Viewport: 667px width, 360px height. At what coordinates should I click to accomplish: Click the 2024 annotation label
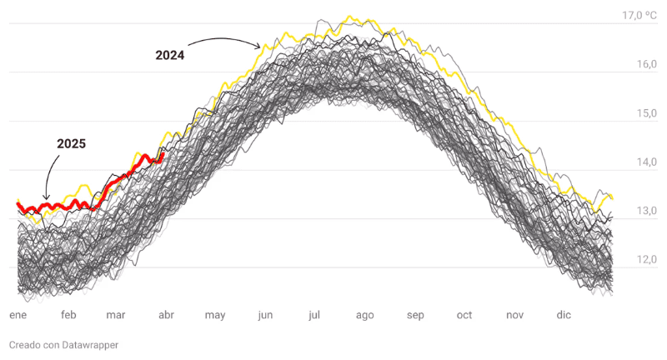170,56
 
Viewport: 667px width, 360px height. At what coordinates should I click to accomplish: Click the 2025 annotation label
71,143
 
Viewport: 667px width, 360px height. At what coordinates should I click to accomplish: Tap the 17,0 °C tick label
639,15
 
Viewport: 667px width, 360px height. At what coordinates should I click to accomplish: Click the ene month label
18,315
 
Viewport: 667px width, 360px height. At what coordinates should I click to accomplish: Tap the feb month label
68,315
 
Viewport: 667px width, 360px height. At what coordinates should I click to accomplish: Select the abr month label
166,315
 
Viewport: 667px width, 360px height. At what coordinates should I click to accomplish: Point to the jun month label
265,315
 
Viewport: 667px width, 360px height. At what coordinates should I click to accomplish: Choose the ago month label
364,315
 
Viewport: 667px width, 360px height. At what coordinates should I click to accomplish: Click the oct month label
464,315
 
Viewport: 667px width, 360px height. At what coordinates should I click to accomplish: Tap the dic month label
564,315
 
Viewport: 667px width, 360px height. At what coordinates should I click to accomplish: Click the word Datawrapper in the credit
85,345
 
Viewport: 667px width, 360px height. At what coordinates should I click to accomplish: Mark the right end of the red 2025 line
163,154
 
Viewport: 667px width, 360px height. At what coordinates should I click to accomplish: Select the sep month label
415,315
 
